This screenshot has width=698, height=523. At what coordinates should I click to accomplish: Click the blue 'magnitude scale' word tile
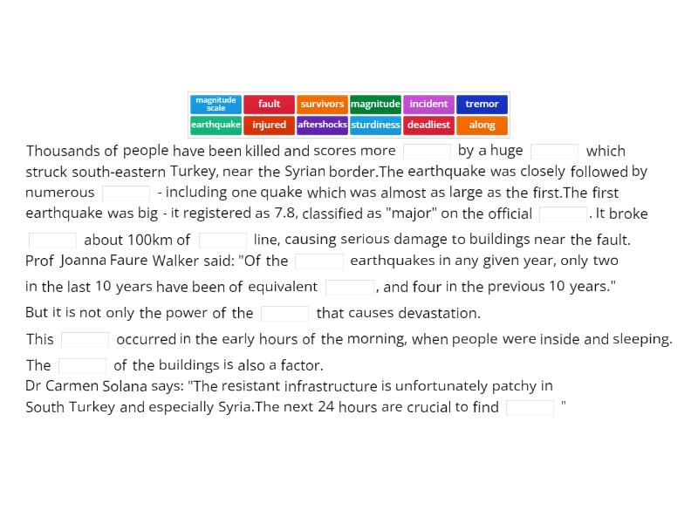pos(216,104)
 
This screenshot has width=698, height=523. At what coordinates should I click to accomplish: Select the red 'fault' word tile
pos(269,104)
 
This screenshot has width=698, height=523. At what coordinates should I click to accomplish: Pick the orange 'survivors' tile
pos(322,104)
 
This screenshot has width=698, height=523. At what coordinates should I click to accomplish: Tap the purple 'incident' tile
pos(428,104)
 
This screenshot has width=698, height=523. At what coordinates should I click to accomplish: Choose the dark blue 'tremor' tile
pos(482,104)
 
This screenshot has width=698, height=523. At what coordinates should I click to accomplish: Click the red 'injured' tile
pos(269,125)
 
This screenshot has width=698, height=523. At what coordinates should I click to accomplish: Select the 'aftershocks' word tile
pos(322,125)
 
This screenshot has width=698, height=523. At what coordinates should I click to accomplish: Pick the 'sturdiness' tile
pos(375,125)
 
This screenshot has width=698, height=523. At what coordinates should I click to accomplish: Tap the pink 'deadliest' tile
pos(428,125)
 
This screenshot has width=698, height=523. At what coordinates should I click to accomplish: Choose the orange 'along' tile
pos(482,125)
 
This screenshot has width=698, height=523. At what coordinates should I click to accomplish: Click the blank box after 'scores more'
pos(427,151)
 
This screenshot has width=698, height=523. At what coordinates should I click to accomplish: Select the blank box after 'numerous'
pos(126,193)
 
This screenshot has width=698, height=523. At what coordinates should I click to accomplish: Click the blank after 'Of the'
pos(319,261)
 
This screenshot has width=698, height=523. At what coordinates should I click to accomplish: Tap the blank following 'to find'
pos(530,407)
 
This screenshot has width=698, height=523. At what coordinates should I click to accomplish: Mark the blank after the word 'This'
pos(85,339)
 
